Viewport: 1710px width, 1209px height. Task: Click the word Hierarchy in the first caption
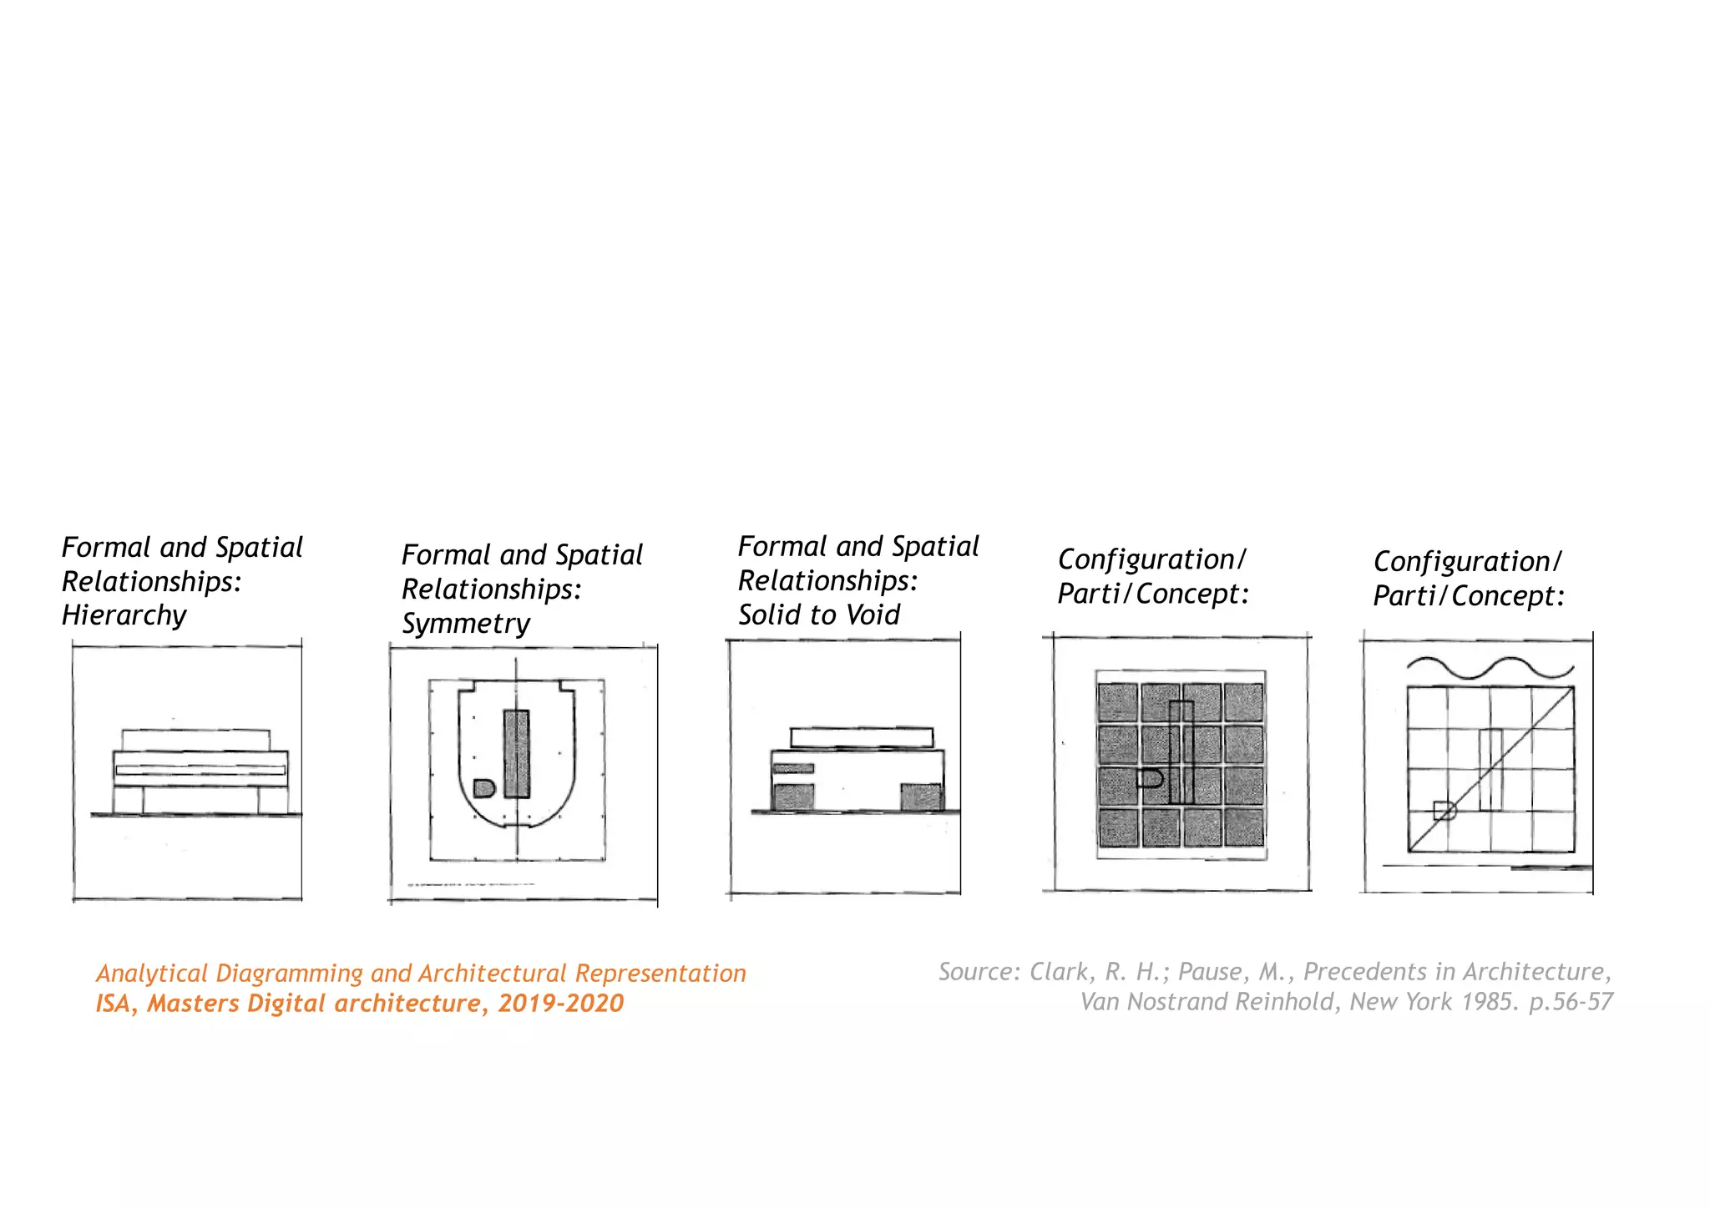(x=124, y=615)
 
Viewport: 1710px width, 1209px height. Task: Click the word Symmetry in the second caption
(x=465, y=624)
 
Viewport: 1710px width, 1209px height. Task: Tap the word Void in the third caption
(x=873, y=615)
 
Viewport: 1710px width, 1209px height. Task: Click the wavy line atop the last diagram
(x=1490, y=667)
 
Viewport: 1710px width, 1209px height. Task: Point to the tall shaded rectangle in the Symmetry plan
(x=517, y=754)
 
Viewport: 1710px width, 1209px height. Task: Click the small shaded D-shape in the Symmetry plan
(x=483, y=787)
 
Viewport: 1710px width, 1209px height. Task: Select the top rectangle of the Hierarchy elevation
(x=195, y=740)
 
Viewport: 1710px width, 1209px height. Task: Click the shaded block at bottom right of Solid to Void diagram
(x=921, y=797)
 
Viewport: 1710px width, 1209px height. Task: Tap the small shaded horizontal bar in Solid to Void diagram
(x=793, y=767)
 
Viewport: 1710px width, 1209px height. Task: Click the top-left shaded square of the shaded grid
(x=1117, y=702)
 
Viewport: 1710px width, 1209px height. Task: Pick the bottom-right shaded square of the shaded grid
(x=1243, y=827)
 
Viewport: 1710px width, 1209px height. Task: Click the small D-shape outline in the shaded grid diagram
(x=1151, y=779)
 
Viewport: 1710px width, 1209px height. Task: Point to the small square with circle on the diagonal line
(x=1444, y=810)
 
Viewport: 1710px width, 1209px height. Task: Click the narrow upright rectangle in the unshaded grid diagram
(x=1490, y=769)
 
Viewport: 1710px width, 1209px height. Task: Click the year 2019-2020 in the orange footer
(x=560, y=1003)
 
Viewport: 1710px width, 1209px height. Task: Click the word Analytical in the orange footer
(x=151, y=973)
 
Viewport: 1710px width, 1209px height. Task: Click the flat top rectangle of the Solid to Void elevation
(x=861, y=737)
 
